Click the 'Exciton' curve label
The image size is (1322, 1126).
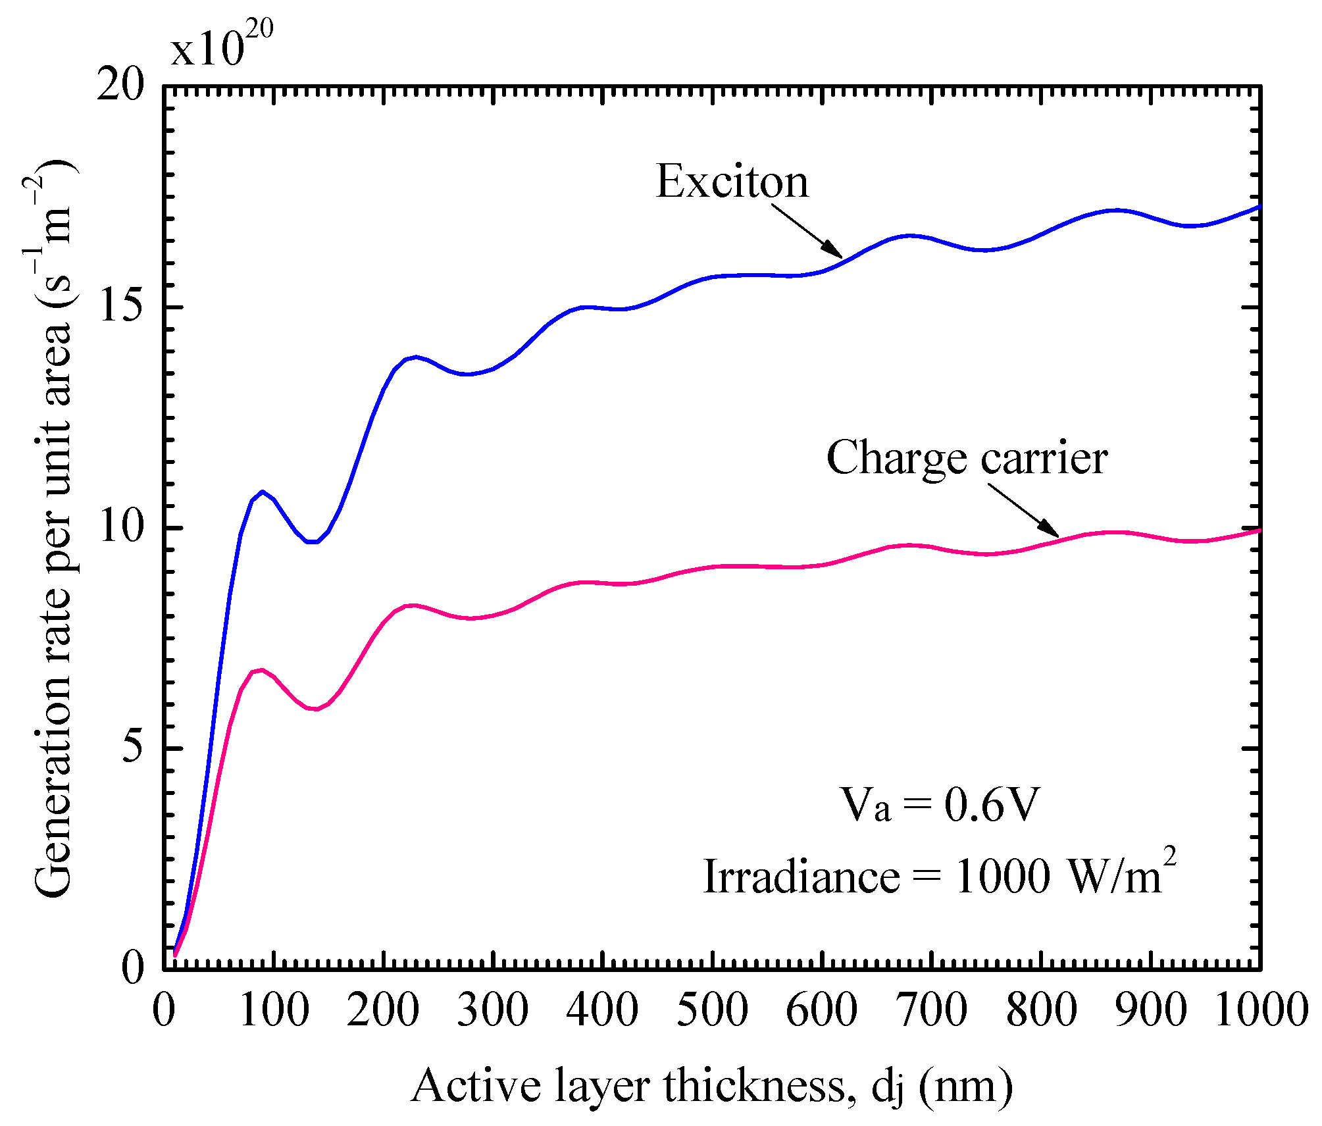732,182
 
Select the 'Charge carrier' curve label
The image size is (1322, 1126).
966,458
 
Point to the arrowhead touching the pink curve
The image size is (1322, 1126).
1051,529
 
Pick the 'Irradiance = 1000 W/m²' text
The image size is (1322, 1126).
939,876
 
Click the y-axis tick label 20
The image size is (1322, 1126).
120,86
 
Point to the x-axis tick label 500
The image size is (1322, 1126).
712,1010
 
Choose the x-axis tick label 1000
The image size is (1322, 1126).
1260,1010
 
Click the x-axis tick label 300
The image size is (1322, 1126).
493,1010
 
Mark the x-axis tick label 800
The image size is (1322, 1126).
1041,1010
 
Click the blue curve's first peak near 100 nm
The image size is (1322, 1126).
263,492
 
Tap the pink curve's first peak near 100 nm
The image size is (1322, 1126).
261,670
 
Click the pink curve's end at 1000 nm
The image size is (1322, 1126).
1259,530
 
